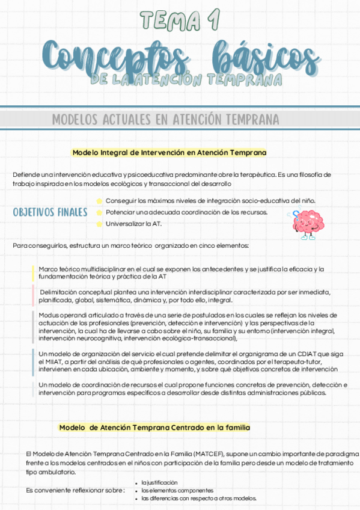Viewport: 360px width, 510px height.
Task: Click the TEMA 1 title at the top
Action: (180, 19)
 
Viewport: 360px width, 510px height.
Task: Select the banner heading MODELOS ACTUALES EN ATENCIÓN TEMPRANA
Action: (165, 119)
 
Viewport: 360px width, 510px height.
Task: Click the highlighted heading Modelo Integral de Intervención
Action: (169, 153)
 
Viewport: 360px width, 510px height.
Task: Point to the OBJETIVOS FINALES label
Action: (50, 212)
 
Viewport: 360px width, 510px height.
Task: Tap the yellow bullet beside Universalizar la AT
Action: (99, 224)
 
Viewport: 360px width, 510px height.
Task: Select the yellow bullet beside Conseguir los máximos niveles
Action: (99, 201)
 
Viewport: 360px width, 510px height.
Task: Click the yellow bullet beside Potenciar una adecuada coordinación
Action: (99, 212)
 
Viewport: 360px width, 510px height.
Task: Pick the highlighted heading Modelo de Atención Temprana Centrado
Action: (154, 427)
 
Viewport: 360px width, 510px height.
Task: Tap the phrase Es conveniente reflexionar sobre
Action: (75, 491)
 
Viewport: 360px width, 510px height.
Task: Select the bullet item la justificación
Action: (159, 482)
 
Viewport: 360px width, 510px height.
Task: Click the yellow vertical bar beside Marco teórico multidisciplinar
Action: (33, 273)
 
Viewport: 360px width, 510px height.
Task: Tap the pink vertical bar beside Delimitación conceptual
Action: (33, 296)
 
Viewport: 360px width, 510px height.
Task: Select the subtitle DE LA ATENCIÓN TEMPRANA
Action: (186, 79)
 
